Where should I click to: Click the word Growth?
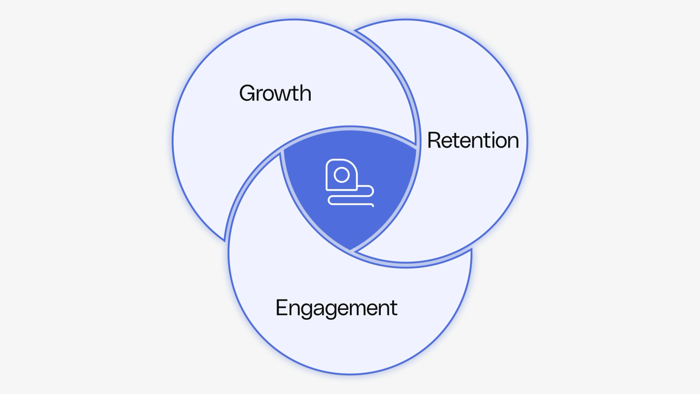tap(275, 93)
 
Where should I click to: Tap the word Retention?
tap(473, 141)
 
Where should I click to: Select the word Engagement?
tap(336, 308)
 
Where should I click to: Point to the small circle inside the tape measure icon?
tap(342, 175)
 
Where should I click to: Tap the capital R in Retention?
tap(434, 141)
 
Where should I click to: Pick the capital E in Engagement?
tap(281, 308)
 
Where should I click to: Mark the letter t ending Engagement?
tap(394, 308)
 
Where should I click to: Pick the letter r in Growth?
tap(261, 95)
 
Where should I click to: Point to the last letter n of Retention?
tap(512, 141)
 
